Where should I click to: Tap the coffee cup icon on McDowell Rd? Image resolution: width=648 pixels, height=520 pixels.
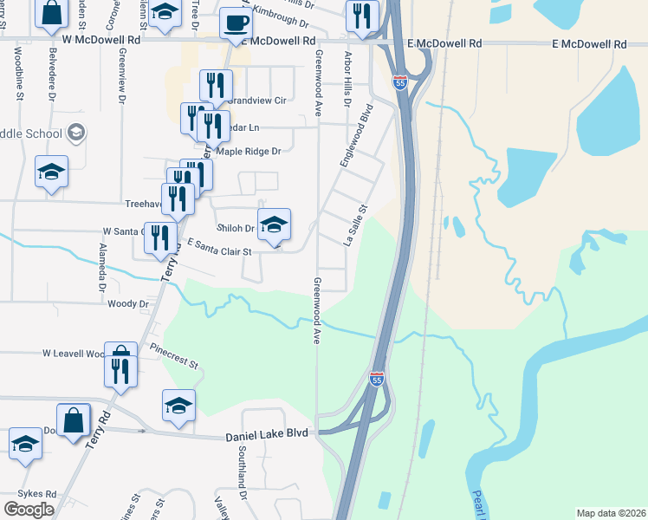click(x=235, y=23)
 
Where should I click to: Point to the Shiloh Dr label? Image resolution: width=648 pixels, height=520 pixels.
click(x=235, y=229)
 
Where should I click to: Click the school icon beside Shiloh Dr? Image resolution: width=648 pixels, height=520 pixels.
click(x=274, y=224)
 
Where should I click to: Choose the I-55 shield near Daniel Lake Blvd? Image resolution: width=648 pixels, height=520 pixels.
click(x=376, y=379)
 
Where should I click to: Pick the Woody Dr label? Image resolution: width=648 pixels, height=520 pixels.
click(x=128, y=304)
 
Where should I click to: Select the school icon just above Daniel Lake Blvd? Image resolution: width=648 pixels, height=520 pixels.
click(x=178, y=405)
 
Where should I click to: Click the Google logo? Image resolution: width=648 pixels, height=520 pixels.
click(x=29, y=510)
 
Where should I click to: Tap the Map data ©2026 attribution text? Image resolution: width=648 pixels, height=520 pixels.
click(x=611, y=513)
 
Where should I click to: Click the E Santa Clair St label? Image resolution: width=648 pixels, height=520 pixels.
click(x=218, y=249)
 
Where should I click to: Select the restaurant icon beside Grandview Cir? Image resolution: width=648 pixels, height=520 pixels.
click(x=214, y=86)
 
